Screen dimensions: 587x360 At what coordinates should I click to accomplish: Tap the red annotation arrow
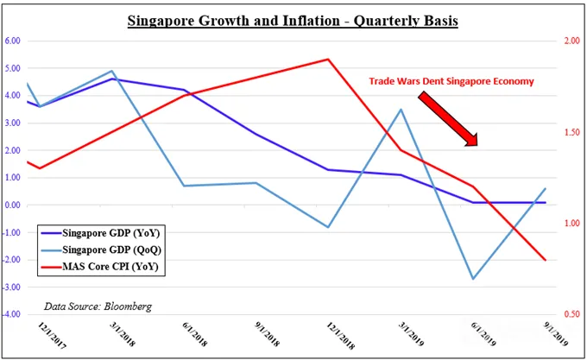[x=448, y=118]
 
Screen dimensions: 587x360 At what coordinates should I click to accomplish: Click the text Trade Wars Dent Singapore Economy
[x=451, y=81]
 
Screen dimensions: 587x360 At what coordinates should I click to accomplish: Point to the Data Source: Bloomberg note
[x=98, y=306]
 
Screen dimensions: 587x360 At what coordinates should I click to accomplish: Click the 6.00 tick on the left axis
[x=12, y=41]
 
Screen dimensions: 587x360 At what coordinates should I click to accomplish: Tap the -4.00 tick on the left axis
[x=11, y=314]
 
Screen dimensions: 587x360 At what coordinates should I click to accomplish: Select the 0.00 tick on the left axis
[x=12, y=205]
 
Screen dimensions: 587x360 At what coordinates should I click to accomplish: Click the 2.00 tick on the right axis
[x=572, y=41]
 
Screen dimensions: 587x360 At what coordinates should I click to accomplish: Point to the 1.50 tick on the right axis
[x=572, y=132]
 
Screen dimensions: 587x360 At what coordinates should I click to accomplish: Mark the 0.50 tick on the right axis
[x=572, y=314]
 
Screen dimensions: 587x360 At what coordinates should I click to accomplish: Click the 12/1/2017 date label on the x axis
[x=52, y=336]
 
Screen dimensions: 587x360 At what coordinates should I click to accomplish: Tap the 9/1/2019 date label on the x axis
[x=556, y=334]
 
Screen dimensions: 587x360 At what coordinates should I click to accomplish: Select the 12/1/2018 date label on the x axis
[x=340, y=336]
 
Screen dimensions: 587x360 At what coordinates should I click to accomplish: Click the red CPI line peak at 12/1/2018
[x=328, y=59]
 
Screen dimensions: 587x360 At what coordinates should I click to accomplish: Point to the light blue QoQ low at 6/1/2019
[x=473, y=279]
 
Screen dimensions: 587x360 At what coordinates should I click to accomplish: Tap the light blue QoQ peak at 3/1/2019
[x=401, y=110]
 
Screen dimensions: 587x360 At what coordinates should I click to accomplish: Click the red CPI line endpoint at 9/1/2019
[x=546, y=260]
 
